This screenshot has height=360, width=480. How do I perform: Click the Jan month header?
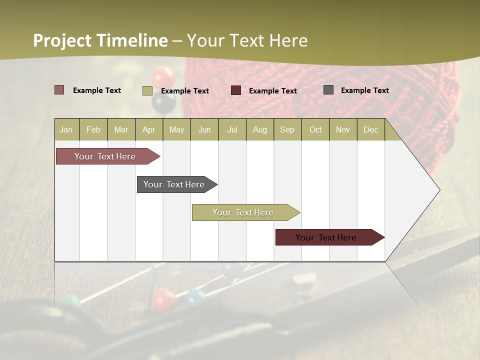click(66, 130)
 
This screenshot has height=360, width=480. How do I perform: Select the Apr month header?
click(149, 130)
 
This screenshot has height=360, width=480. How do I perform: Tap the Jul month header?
click(232, 130)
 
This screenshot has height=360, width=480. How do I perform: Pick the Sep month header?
click(287, 130)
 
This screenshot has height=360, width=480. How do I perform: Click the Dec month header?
click(370, 130)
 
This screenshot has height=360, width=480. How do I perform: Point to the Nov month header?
click(342, 130)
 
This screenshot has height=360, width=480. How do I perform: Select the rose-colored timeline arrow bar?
click(105, 156)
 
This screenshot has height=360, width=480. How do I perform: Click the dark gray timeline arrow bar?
click(174, 184)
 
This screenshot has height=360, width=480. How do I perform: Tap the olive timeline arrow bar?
click(243, 212)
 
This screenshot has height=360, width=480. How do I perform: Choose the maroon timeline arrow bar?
click(326, 237)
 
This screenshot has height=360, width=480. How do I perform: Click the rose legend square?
click(59, 90)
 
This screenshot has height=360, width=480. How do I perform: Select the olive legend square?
click(147, 90)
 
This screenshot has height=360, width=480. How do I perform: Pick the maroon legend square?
click(236, 90)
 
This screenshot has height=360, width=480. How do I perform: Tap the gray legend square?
click(328, 90)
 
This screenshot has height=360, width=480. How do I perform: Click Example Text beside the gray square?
click(364, 90)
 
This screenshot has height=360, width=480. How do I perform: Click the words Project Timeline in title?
click(100, 40)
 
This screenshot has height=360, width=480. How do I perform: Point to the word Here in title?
click(288, 40)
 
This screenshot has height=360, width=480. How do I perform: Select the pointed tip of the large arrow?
click(439, 190)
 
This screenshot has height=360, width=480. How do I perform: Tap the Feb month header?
click(93, 130)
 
